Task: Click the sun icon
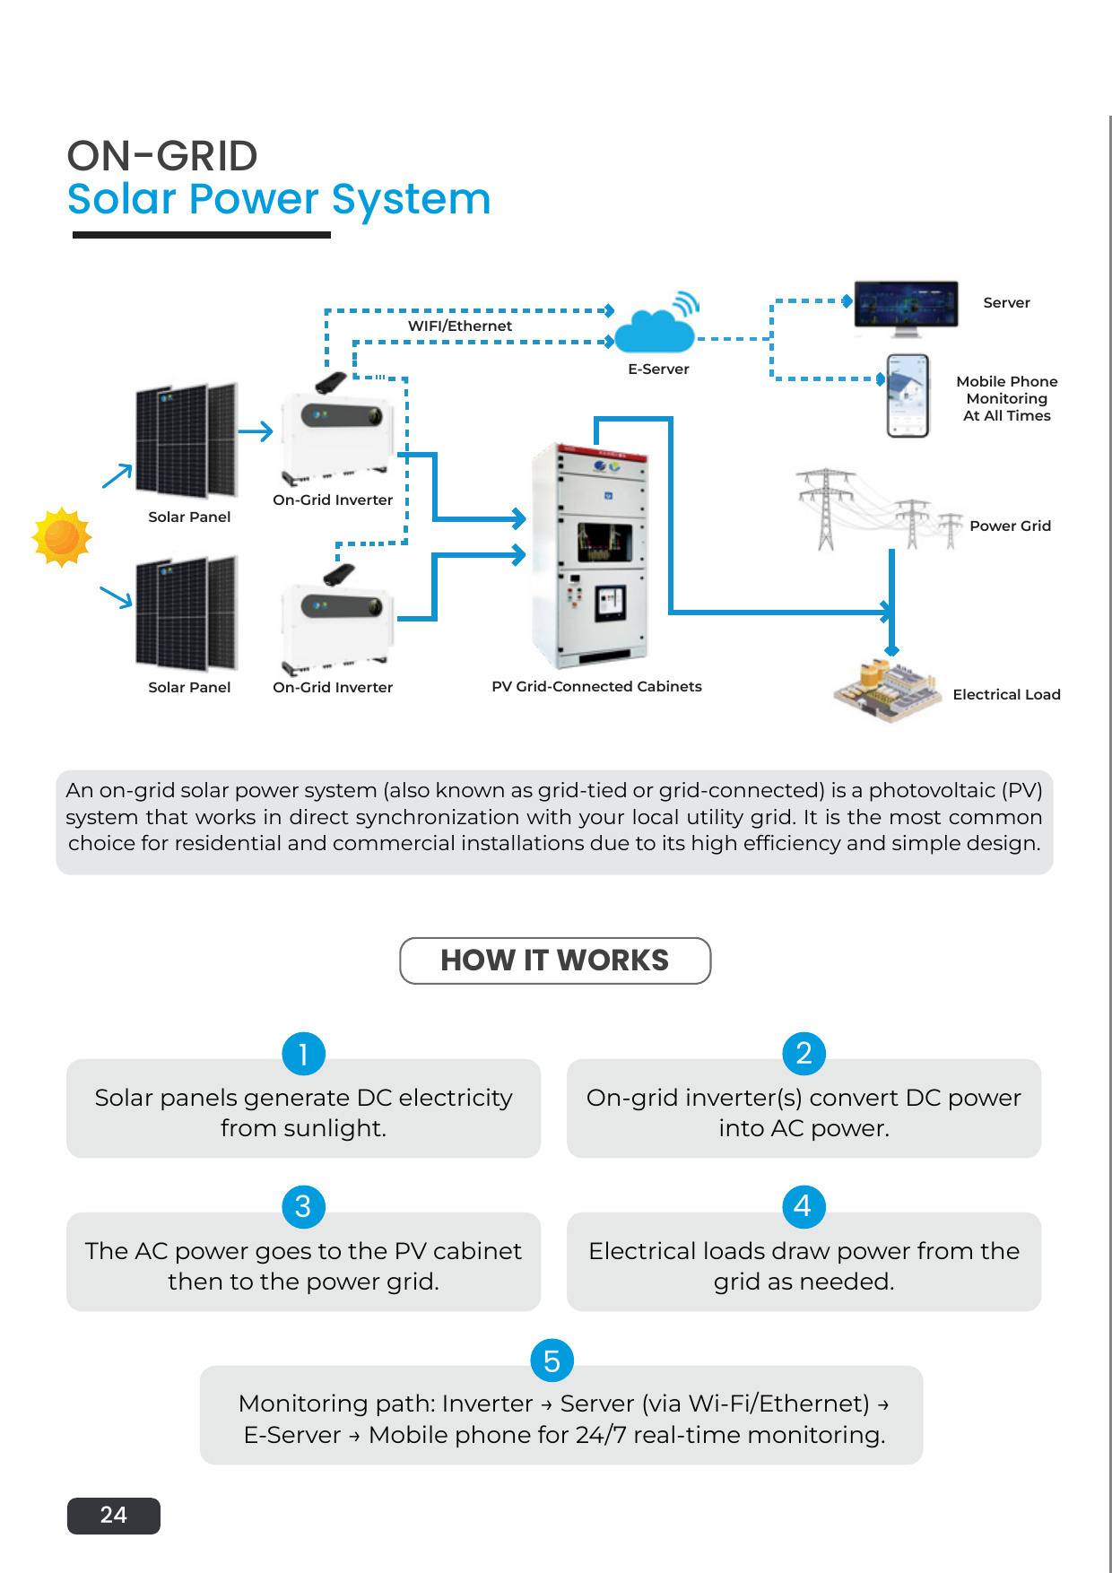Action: click(62, 537)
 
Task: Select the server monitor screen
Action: click(906, 308)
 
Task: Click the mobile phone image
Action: click(908, 395)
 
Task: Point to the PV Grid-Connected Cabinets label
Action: click(596, 686)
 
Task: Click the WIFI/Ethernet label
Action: click(460, 326)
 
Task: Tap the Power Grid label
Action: click(1010, 526)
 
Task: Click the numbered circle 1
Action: click(303, 1054)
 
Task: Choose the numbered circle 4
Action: click(804, 1206)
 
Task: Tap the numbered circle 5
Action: click(552, 1360)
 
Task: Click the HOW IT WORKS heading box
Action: click(555, 960)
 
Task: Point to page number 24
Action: click(114, 1515)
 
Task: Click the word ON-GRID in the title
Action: click(162, 156)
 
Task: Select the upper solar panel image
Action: click(187, 440)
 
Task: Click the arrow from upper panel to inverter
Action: click(256, 431)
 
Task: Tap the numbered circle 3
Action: click(303, 1206)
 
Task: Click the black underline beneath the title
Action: click(202, 235)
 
